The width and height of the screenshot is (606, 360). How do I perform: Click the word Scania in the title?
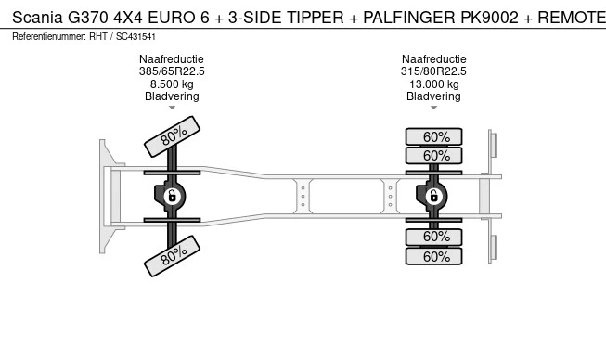pos(37,18)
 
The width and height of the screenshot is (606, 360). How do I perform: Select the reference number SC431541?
pos(135,37)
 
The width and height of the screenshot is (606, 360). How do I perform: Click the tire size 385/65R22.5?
pos(172,71)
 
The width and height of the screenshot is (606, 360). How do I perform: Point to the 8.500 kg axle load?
pos(172,84)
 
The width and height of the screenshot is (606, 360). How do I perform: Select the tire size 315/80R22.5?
pos(433,71)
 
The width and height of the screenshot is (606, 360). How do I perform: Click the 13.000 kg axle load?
pos(434,84)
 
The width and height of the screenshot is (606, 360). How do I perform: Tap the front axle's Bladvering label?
pos(172,96)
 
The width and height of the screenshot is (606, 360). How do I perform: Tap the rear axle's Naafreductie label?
pos(434,59)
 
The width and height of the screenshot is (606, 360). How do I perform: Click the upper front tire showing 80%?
pos(172,136)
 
